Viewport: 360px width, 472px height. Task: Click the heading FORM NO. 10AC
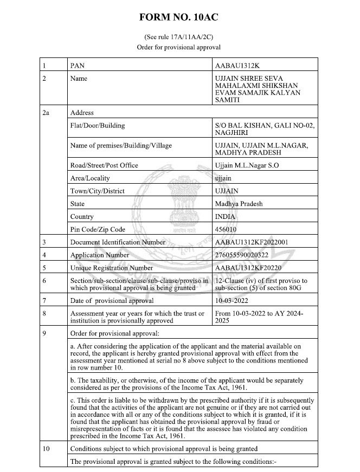(x=179, y=16)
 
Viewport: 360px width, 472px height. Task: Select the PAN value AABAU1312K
(x=238, y=66)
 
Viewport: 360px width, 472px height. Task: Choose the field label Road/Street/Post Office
(x=104, y=165)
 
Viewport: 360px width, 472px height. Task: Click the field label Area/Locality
(x=90, y=178)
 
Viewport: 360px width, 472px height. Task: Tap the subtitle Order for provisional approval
(x=179, y=48)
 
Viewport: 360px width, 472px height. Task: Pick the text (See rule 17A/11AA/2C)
(x=179, y=37)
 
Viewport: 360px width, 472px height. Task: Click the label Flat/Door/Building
(x=98, y=126)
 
